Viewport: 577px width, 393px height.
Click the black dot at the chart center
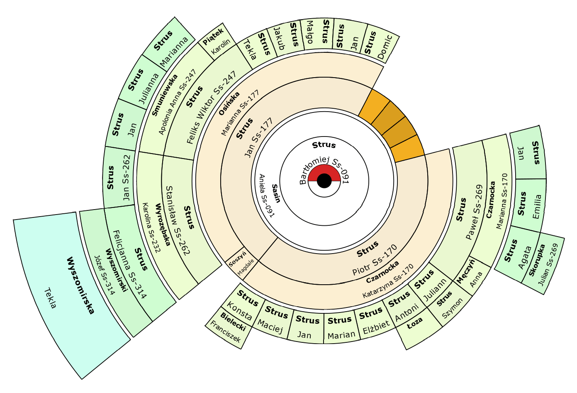[324, 181]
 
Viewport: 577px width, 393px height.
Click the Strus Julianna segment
[143, 85]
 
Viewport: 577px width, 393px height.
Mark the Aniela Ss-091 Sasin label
[270, 195]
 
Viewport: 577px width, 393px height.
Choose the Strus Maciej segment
[272, 320]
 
